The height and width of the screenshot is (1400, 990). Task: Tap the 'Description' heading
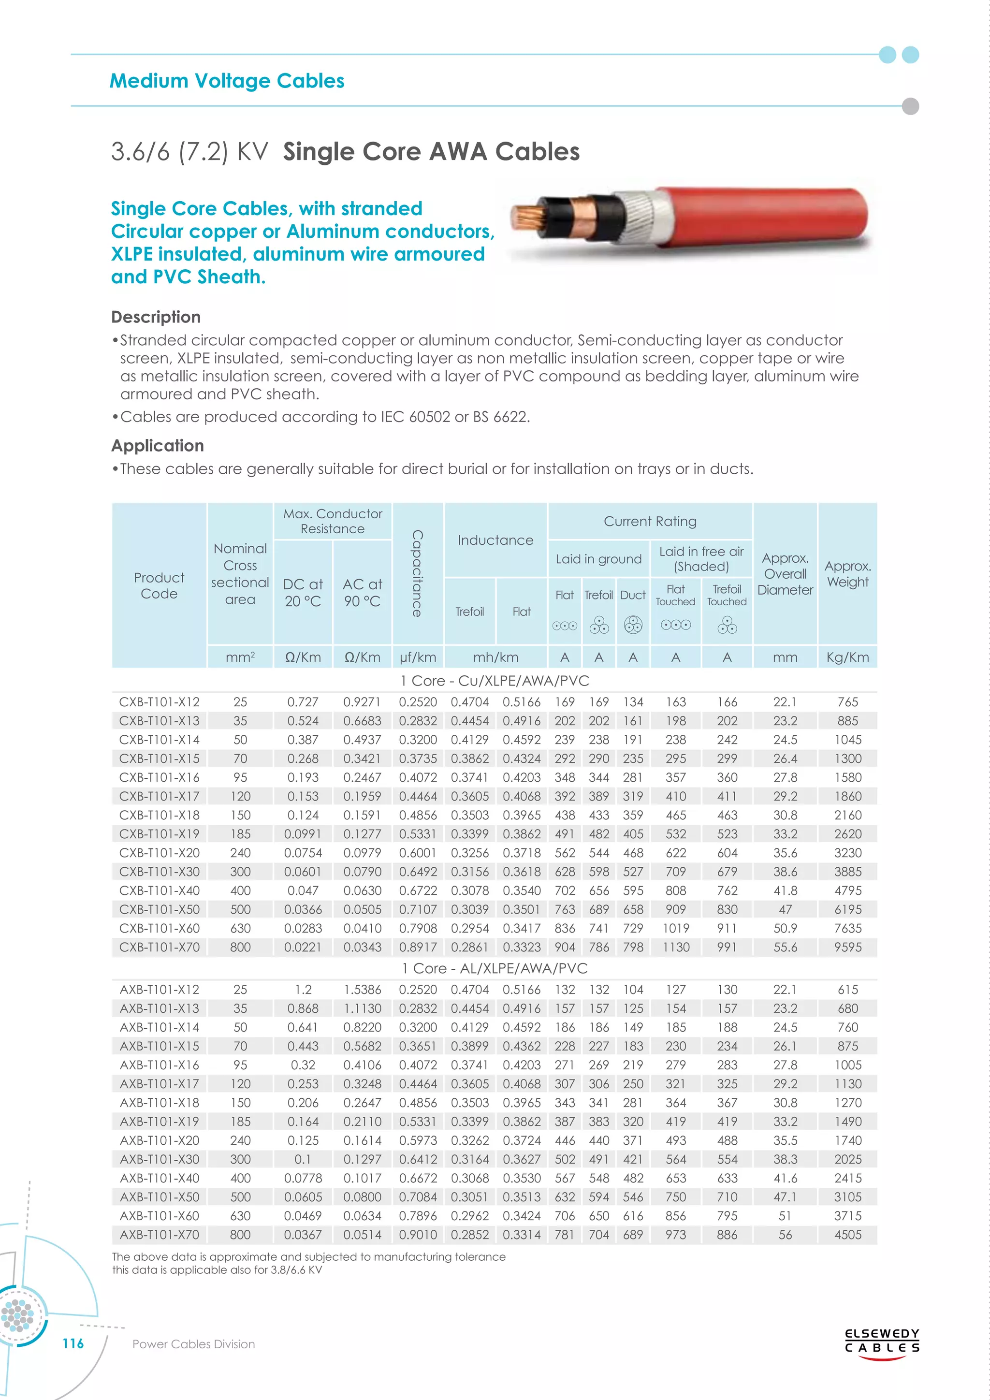click(156, 317)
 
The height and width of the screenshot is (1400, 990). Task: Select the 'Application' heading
click(157, 446)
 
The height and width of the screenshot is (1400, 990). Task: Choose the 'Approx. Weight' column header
click(847, 574)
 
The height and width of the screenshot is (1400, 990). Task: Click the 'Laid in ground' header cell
click(598, 559)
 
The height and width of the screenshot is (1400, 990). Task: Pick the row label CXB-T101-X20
click(159, 852)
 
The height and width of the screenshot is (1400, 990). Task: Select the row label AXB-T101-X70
click(159, 1235)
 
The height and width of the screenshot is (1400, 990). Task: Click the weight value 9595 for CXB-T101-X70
click(847, 947)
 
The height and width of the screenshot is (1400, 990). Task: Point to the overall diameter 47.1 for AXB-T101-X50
click(785, 1197)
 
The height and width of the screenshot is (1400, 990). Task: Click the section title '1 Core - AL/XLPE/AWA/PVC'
click(495, 968)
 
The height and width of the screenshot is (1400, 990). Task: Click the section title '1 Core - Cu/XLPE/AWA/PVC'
click(495, 681)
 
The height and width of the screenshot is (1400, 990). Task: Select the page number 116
click(73, 1343)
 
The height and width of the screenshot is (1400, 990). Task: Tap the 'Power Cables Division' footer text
click(193, 1344)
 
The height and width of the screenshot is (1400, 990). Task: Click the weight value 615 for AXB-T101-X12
click(847, 990)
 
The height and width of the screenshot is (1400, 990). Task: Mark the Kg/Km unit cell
click(847, 657)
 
